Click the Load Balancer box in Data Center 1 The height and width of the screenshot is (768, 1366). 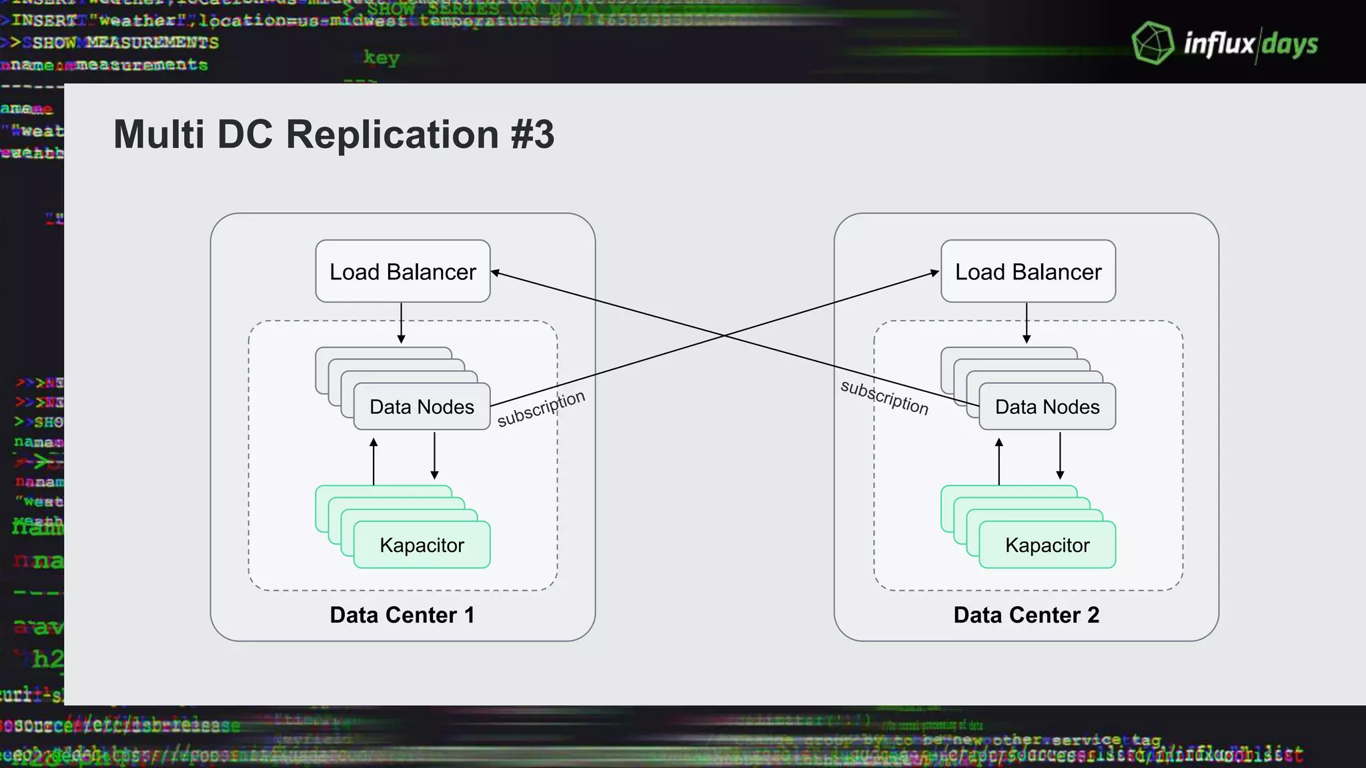[x=402, y=271]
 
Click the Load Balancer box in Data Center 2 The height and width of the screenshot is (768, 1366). [x=1028, y=271]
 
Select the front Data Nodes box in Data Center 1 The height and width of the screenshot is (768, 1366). [x=422, y=407]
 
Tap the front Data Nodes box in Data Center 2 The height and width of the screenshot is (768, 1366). [x=1047, y=407]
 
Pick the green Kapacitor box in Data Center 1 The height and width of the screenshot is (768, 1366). [x=422, y=545]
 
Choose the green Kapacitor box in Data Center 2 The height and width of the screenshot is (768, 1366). [x=1047, y=545]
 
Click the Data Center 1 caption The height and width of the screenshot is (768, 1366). [x=402, y=615]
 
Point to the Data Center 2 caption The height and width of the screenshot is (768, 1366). [x=1027, y=615]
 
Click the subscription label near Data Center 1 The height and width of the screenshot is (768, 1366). [x=541, y=408]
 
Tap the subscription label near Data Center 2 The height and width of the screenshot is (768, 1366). [x=884, y=397]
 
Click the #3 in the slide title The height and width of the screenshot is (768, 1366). [x=532, y=134]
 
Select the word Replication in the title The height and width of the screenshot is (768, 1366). [x=392, y=134]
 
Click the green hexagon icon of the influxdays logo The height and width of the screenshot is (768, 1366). [x=1153, y=43]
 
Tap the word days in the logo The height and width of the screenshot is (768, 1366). [x=1290, y=45]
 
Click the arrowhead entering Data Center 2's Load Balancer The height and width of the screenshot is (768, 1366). [x=935, y=272]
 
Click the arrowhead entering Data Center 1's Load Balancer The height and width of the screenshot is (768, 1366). [x=496, y=272]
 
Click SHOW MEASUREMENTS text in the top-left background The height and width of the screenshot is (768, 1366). [x=125, y=43]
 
